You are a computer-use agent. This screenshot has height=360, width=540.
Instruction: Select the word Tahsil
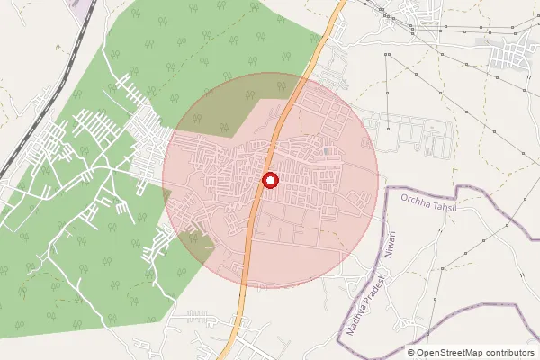coord(443,202)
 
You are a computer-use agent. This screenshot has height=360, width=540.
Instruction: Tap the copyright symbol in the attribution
coord(411,352)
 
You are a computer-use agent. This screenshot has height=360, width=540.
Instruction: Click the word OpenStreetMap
coord(448,352)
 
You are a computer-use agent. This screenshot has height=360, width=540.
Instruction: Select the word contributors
coord(508,352)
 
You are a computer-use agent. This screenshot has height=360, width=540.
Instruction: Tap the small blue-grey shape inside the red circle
coord(324,150)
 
